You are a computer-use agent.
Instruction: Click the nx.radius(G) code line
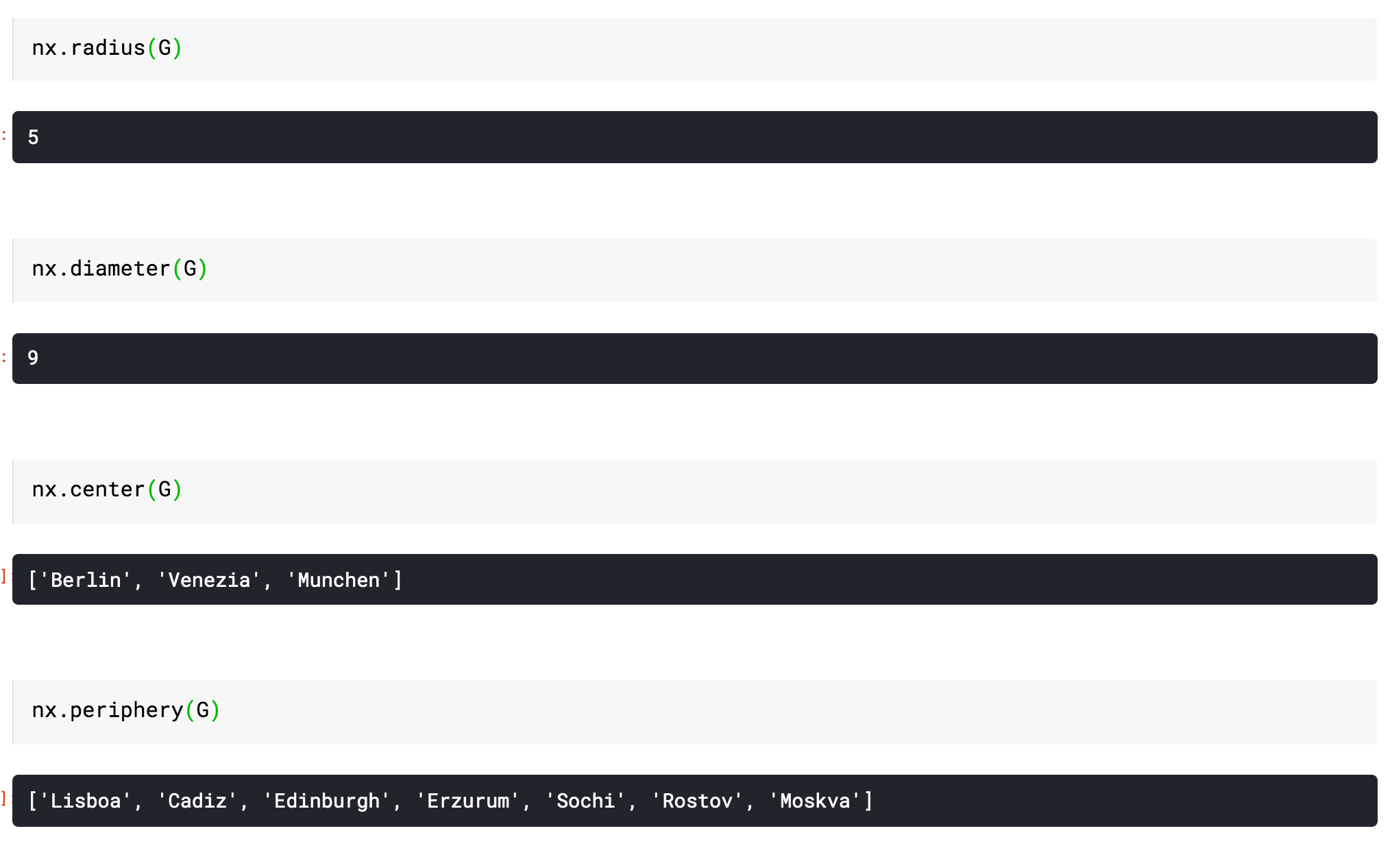click(x=107, y=48)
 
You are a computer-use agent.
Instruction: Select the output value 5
click(x=33, y=137)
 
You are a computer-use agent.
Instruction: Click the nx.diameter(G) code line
click(x=119, y=269)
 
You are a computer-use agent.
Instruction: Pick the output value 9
click(x=33, y=358)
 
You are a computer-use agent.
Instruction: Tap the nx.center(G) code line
click(x=107, y=490)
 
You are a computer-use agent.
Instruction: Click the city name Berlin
click(x=86, y=580)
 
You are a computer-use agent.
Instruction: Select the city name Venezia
click(x=209, y=580)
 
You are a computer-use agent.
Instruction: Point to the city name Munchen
click(x=339, y=580)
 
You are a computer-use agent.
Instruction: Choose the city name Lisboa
click(x=86, y=801)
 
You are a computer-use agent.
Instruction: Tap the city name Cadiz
click(x=197, y=801)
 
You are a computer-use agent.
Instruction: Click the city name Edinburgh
click(x=327, y=801)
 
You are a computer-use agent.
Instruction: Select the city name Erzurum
click(x=469, y=801)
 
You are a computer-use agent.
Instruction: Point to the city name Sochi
click(x=586, y=801)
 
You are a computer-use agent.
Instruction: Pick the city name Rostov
click(x=698, y=801)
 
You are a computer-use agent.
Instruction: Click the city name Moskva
click(x=815, y=801)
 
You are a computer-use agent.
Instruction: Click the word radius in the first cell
click(x=108, y=48)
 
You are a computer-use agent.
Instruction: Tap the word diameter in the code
click(x=120, y=269)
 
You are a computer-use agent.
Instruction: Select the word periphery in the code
click(x=127, y=710)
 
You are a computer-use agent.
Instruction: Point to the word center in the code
click(x=108, y=490)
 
